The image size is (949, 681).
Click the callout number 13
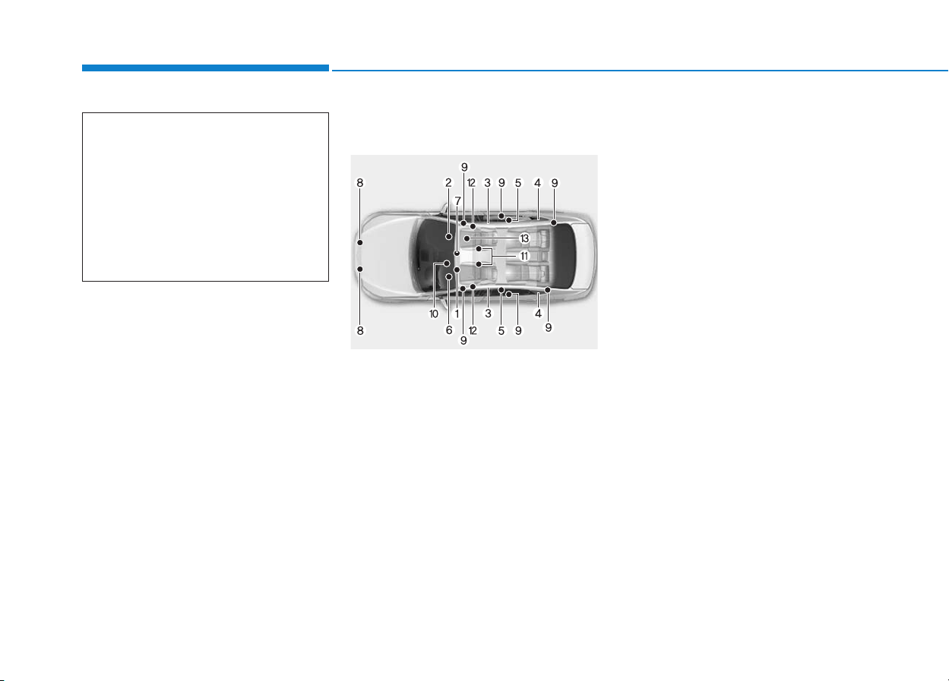point(524,238)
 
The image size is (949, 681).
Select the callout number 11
point(524,256)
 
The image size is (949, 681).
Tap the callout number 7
point(457,201)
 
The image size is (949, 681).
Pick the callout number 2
point(448,183)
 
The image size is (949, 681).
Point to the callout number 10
point(434,314)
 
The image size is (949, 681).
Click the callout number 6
point(449,330)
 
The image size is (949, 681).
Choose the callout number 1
point(457,314)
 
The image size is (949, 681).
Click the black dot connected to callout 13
point(467,238)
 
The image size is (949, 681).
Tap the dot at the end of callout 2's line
point(448,237)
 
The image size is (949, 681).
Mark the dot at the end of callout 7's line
point(457,254)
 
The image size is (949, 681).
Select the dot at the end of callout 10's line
point(447,263)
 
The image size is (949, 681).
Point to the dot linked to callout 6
point(449,277)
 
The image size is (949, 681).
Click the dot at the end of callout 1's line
point(457,270)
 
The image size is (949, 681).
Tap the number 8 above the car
point(359,183)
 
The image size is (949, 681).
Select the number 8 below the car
point(360,330)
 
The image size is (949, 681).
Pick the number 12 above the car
point(472,183)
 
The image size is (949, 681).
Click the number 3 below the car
point(489,314)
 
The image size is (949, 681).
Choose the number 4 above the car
point(538,183)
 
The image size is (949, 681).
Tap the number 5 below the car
point(501,331)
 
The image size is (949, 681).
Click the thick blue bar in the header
point(205,68)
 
